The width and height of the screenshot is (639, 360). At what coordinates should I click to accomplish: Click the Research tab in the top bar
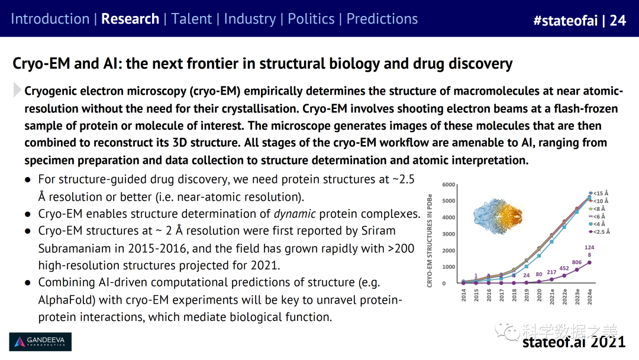[x=130, y=19]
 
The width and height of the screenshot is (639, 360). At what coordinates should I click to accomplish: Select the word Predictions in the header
[x=382, y=19]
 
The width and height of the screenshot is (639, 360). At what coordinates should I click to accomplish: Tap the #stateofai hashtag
[x=565, y=20]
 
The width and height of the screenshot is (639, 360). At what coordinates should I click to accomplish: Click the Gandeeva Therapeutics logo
[x=40, y=342]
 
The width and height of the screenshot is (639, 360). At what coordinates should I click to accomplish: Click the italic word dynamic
[x=295, y=214]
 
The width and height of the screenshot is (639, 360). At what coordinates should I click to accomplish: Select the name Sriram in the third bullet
[x=378, y=231]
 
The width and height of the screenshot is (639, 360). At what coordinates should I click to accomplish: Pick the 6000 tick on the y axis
[x=448, y=185]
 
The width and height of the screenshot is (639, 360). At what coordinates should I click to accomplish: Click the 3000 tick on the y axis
[x=448, y=234]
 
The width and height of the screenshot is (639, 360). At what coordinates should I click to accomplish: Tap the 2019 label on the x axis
[x=527, y=295]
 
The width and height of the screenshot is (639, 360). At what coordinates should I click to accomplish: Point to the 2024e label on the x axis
[x=589, y=297]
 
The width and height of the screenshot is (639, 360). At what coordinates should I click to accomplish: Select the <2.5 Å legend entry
[x=599, y=232]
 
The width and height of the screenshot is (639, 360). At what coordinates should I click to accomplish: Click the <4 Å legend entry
[x=597, y=224]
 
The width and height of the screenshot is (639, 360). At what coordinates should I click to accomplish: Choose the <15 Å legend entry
[x=598, y=193]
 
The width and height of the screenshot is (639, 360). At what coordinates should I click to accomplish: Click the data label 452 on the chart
[x=564, y=268]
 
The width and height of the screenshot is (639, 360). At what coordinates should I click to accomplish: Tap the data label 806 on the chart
[x=577, y=262]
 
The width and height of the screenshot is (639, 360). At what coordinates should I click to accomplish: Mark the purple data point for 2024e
[x=589, y=262]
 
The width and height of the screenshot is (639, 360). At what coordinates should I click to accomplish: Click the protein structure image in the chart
[x=498, y=216]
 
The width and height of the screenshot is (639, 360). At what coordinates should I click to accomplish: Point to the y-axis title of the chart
[x=430, y=241]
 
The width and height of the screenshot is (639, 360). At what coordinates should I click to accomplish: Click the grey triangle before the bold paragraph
[x=17, y=89]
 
